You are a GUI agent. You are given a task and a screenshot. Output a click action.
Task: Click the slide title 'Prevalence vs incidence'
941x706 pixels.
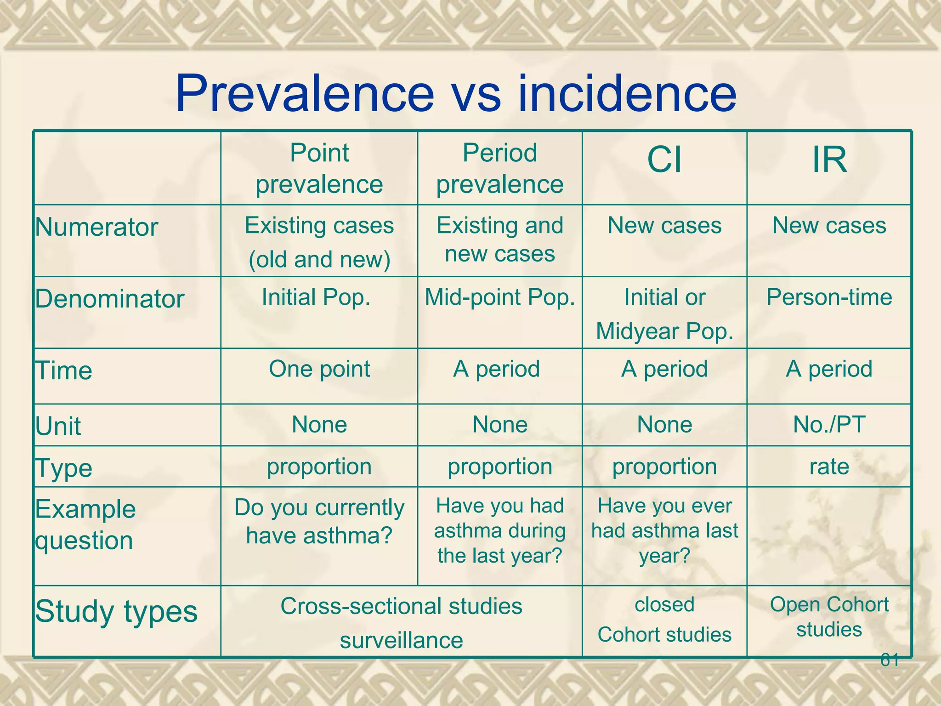click(x=456, y=94)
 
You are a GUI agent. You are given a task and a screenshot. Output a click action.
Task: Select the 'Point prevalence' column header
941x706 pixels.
click(x=319, y=168)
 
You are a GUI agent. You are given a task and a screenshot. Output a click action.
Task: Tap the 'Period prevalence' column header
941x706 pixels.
click(x=500, y=168)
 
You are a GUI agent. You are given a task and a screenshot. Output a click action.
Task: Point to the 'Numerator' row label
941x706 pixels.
click(x=97, y=227)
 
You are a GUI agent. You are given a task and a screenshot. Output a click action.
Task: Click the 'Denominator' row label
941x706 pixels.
click(x=110, y=299)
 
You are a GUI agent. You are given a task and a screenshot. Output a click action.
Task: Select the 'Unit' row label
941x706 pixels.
click(x=58, y=426)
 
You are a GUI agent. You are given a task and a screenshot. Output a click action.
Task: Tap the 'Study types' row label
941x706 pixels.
click(x=117, y=612)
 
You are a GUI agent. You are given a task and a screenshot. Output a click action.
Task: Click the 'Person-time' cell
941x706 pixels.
click(x=829, y=297)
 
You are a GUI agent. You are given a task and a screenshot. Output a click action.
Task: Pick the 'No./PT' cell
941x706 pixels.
click(x=829, y=424)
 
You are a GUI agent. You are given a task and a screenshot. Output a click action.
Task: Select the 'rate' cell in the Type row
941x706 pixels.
click(x=829, y=467)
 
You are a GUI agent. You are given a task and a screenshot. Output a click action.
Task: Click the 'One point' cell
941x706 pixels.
click(x=319, y=369)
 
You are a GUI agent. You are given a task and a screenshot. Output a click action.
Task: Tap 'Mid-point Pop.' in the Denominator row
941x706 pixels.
click(x=500, y=297)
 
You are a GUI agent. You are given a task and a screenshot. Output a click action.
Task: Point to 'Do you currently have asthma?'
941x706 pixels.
click(x=319, y=522)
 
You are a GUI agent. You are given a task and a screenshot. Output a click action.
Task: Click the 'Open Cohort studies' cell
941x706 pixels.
click(x=829, y=617)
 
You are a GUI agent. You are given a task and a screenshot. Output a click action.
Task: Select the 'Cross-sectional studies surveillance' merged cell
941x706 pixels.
click(x=402, y=623)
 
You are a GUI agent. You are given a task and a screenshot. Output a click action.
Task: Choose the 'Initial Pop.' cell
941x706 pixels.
click(x=316, y=297)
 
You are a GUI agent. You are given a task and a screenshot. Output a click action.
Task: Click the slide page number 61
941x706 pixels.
click(x=890, y=660)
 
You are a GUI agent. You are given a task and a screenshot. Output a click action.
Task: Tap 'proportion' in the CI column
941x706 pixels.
click(x=664, y=467)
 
